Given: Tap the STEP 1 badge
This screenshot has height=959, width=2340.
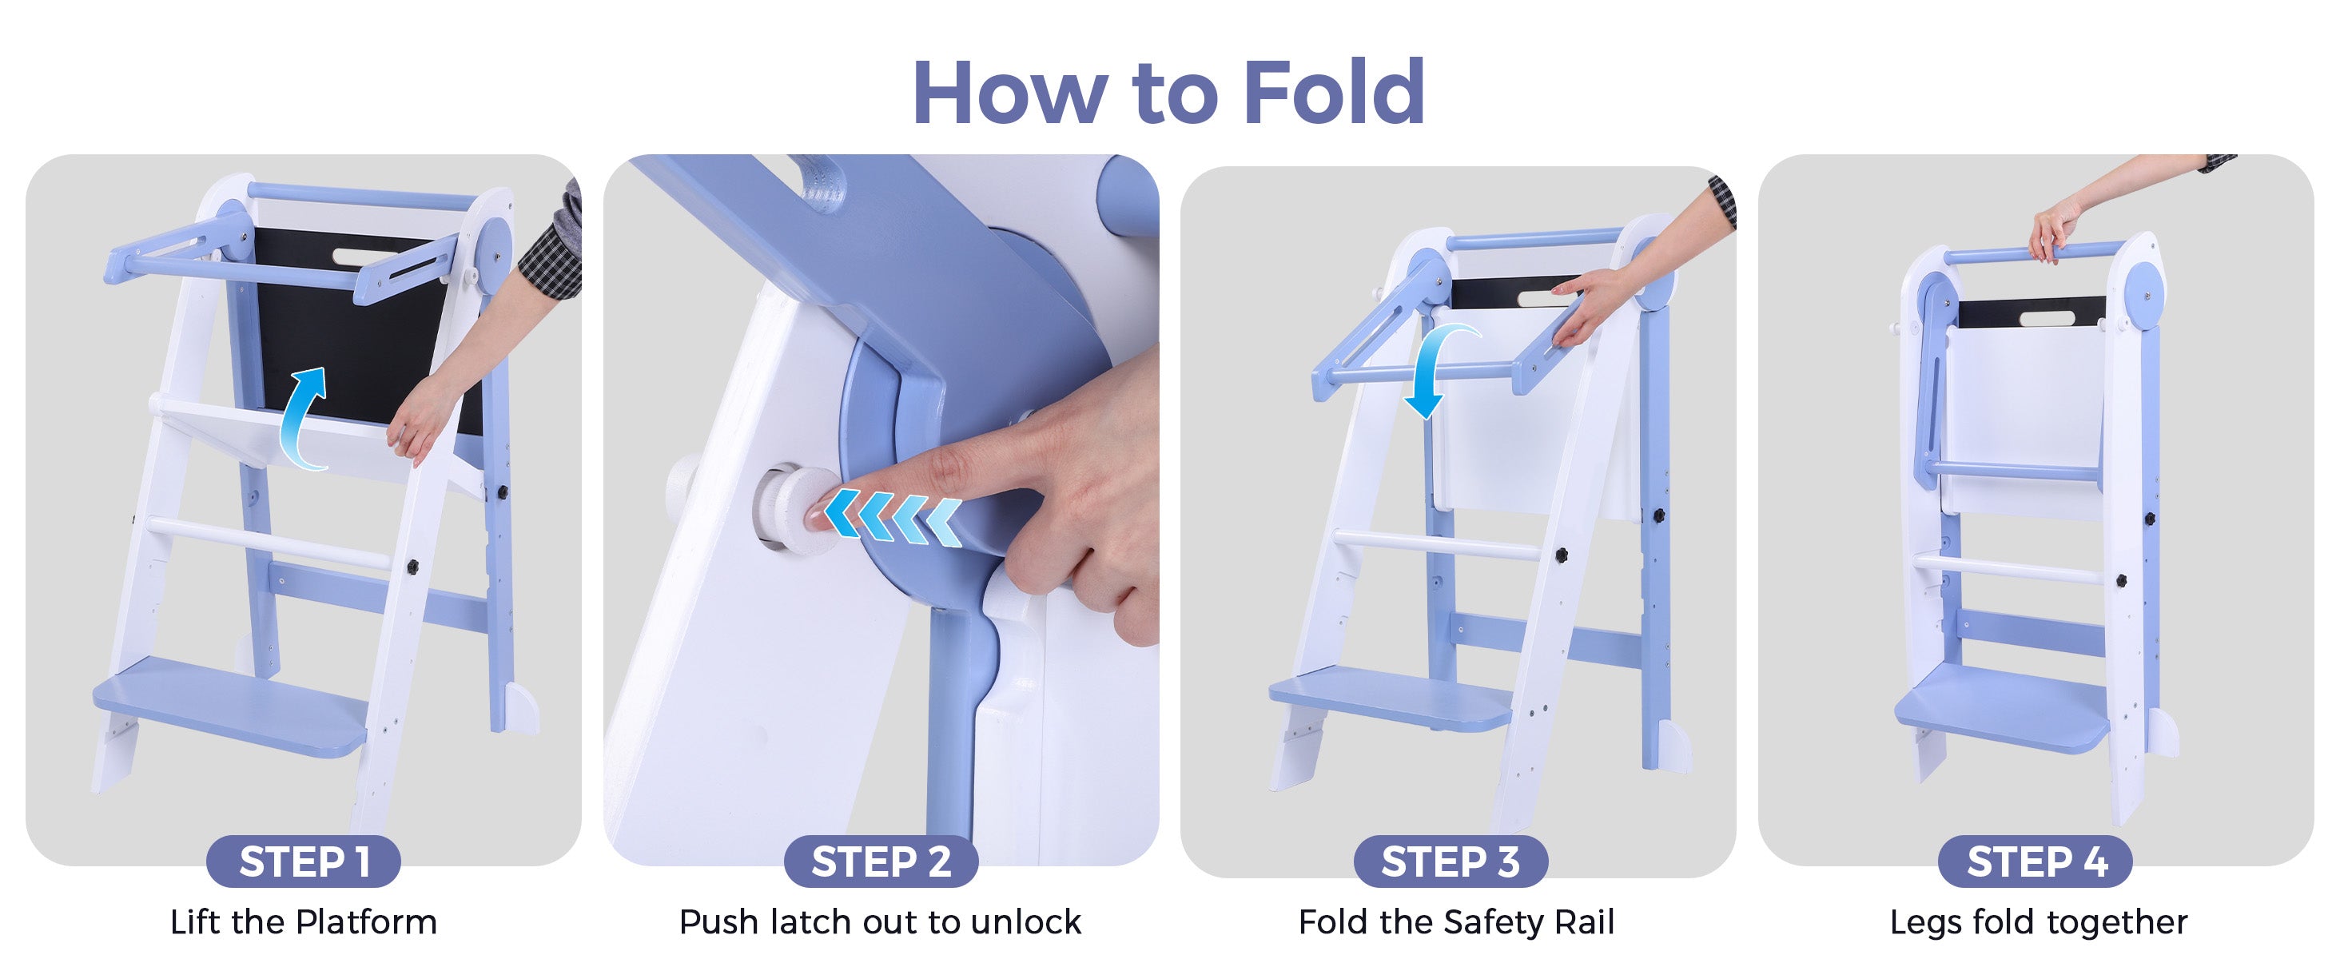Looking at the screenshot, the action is (x=304, y=861).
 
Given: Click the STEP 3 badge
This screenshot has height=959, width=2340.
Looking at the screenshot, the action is (x=1450, y=861).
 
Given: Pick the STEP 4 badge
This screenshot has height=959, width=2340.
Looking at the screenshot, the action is (x=2036, y=861).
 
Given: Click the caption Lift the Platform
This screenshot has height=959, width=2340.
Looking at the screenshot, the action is (x=304, y=921).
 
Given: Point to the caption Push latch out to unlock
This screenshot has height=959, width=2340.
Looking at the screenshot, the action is (x=880, y=921).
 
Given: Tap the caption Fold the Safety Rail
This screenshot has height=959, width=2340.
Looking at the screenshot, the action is (x=1456, y=921).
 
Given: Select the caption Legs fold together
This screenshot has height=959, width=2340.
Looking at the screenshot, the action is (x=2039, y=921).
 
